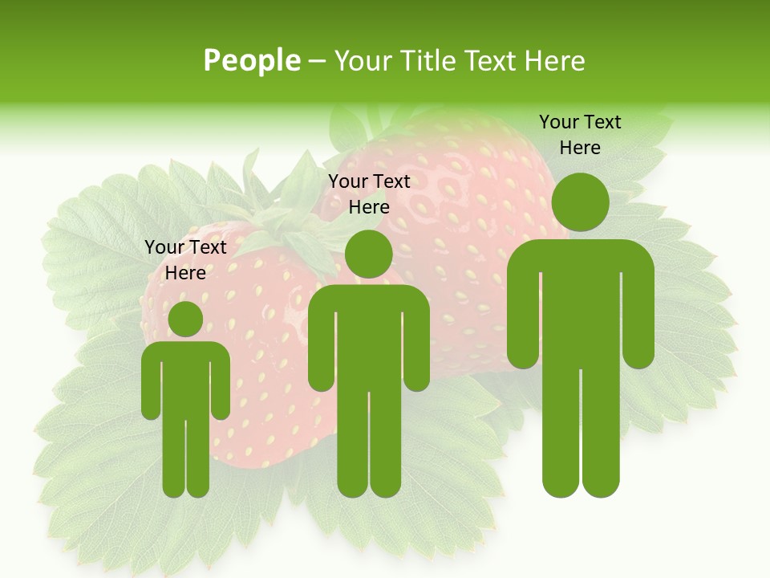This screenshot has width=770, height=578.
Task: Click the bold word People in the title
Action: pyautogui.click(x=251, y=60)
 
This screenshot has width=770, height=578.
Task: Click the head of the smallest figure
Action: pyautogui.click(x=185, y=319)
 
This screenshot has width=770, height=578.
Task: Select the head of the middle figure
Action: pyautogui.click(x=368, y=254)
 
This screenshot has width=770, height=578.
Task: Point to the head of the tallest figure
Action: pyautogui.click(x=580, y=201)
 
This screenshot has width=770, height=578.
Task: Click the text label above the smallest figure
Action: pyautogui.click(x=185, y=260)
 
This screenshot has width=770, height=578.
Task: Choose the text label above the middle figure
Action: pyautogui.click(x=369, y=194)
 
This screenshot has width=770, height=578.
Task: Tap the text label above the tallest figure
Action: pyautogui.click(x=580, y=135)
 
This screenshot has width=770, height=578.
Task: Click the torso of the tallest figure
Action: pyautogui.click(x=580, y=305)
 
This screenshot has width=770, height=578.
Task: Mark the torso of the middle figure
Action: pyautogui.click(x=368, y=337)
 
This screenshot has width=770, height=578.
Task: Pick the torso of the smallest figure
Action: pyautogui.click(x=185, y=377)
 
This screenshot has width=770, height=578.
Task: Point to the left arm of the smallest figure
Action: pyautogui.click(x=151, y=385)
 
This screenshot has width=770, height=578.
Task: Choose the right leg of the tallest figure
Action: pyautogui.click(x=600, y=433)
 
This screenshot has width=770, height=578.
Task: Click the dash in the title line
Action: pyautogui.click(x=317, y=61)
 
